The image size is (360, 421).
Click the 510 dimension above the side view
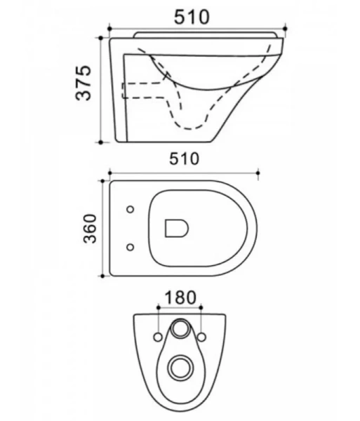coord(192,17)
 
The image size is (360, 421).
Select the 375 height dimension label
coord(84,83)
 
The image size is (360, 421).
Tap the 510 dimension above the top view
coord(184,159)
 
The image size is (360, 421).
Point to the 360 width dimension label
coord(90,229)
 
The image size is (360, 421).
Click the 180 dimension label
coord(180,298)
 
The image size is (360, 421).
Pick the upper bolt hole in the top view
coord(131,209)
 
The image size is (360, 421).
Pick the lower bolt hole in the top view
coord(131,247)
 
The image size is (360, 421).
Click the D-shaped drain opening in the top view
coord(176,228)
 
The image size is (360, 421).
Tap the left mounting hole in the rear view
coord(158,338)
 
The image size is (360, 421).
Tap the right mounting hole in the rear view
coord(202,338)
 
